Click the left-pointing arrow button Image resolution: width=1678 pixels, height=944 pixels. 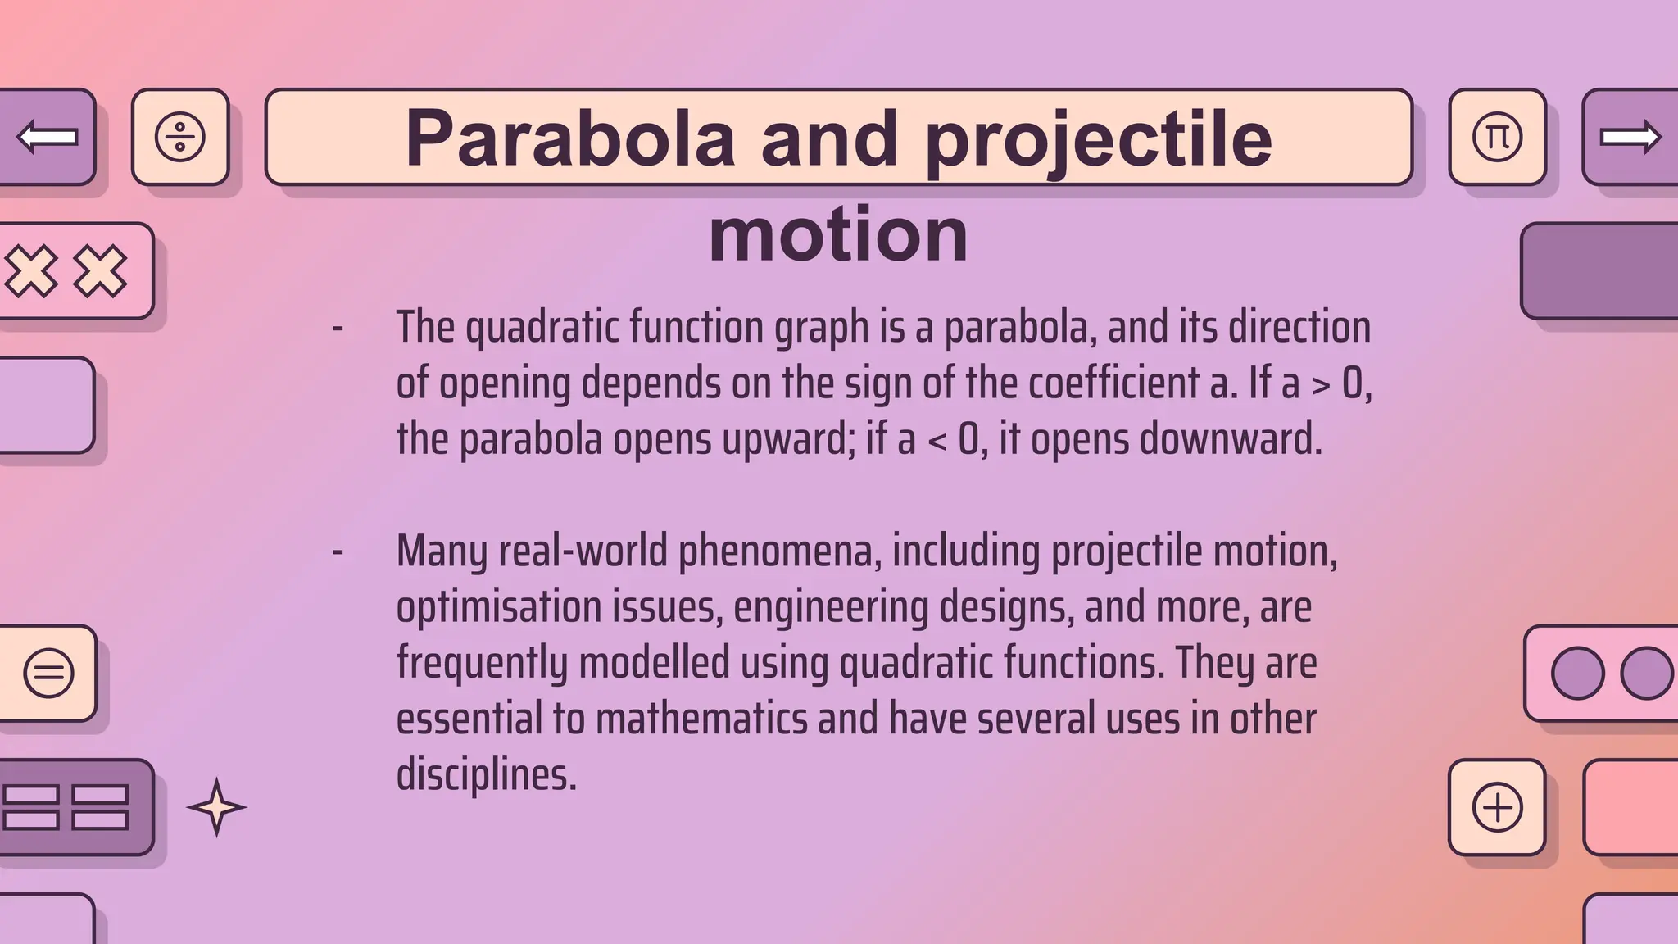pos(48,137)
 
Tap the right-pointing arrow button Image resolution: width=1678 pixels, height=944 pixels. pos(1630,137)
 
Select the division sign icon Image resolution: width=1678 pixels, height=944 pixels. pos(180,137)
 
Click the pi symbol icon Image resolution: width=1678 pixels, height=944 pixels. pos(1497,137)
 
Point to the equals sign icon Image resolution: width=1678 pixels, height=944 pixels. pos(49,674)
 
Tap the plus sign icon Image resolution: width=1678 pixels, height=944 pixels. pos(1497,807)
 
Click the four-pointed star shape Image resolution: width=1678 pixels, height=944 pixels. pos(216,807)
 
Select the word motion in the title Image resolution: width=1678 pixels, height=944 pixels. pos(838,234)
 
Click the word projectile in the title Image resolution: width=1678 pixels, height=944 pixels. pos(1098,139)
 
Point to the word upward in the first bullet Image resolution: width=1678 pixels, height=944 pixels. pos(789,439)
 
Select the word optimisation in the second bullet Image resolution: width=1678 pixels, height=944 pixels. pos(499,608)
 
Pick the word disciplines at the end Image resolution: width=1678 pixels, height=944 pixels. pos(487,774)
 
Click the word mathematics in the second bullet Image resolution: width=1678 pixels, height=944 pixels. pos(701,719)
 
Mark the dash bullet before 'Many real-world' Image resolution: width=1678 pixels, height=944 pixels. pos(338,551)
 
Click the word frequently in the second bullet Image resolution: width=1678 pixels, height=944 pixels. pos(482,663)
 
